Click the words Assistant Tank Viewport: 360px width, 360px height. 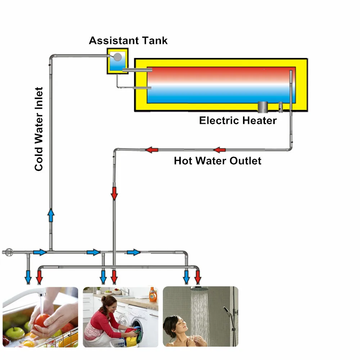(x=128, y=40)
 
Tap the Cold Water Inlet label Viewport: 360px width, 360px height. (x=39, y=129)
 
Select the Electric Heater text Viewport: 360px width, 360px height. (x=238, y=120)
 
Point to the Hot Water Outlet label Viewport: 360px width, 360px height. (x=217, y=161)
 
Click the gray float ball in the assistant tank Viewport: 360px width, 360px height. (x=117, y=57)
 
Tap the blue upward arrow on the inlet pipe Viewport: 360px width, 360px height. (x=51, y=215)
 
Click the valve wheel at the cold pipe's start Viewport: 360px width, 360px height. (x=9, y=252)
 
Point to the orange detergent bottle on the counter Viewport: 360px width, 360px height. (x=153, y=294)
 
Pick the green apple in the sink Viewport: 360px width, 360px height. (x=14, y=333)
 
